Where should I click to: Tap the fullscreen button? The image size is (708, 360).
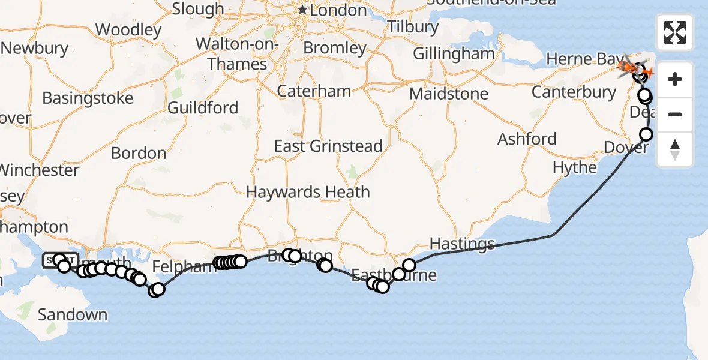click(x=675, y=32)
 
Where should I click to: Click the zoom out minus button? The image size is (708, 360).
click(x=675, y=114)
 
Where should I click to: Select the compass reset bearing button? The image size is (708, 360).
click(x=675, y=149)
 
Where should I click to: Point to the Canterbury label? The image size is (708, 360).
click(x=574, y=92)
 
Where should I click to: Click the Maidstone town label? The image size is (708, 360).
click(x=449, y=94)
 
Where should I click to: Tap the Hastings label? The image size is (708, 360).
click(x=462, y=244)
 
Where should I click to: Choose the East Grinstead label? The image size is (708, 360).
click(x=328, y=146)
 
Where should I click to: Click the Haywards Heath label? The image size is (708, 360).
click(x=308, y=192)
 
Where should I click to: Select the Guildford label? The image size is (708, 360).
click(x=203, y=107)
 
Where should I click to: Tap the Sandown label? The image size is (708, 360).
click(x=73, y=314)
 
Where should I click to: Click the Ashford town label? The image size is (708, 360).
click(x=527, y=139)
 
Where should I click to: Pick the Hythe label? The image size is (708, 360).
click(x=575, y=167)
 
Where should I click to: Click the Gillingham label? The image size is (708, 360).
click(x=454, y=53)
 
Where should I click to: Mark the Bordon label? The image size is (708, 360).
click(x=139, y=153)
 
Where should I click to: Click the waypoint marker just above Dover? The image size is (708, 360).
click(x=646, y=134)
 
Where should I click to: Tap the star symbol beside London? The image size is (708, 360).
click(x=303, y=10)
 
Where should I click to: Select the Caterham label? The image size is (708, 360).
click(x=314, y=91)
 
